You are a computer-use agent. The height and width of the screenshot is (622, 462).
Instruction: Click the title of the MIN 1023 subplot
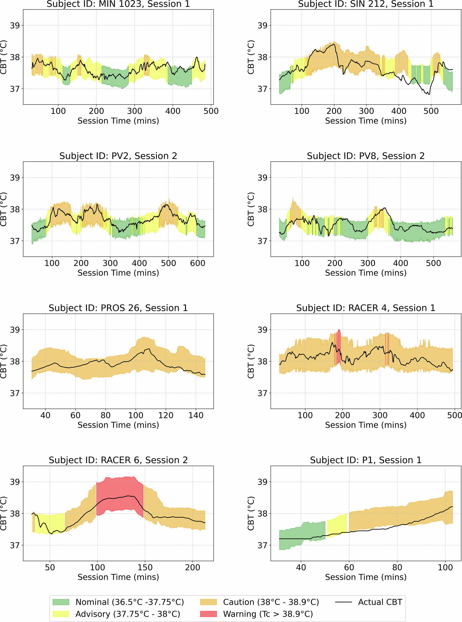point(118,4)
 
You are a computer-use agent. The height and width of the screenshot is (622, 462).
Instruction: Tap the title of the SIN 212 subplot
point(366,4)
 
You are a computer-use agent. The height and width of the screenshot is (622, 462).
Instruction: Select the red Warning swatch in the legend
point(208,614)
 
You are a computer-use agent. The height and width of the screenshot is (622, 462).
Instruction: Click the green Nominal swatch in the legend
point(61,602)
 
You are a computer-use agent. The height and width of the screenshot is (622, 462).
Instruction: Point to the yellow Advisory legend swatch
point(61,614)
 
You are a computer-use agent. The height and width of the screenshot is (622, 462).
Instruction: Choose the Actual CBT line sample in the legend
point(343,602)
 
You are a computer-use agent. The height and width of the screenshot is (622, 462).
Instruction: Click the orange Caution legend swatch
point(208,602)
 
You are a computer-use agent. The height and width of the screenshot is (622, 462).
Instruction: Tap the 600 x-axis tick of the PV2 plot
point(197,263)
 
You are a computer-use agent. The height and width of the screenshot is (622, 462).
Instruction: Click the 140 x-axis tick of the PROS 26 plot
point(196,415)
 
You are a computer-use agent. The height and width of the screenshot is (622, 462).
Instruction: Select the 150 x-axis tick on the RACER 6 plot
point(145,567)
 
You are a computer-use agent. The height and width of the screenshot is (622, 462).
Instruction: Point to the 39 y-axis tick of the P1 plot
point(262,482)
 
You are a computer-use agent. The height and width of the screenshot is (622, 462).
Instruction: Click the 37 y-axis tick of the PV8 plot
point(262,241)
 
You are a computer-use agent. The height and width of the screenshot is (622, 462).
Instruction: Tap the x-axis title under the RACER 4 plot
point(366,425)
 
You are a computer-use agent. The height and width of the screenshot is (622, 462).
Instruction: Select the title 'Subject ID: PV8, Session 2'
point(366,156)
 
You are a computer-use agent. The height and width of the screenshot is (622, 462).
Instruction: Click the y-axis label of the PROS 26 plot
point(3,361)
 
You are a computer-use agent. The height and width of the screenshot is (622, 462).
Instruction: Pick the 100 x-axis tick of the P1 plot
point(445,567)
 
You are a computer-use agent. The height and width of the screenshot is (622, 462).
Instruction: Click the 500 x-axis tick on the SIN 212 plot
point(431,111)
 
